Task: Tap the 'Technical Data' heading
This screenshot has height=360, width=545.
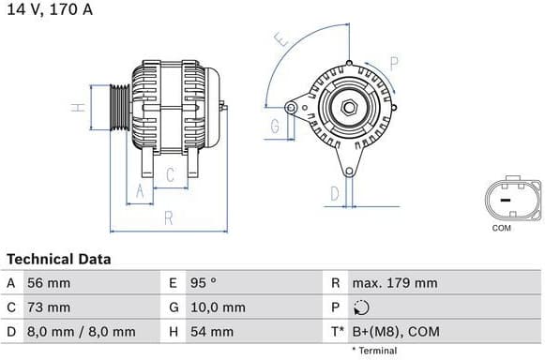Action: point(58,259)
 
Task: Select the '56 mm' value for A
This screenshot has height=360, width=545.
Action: point(50,283)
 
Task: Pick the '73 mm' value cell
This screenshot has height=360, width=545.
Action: point(50,307)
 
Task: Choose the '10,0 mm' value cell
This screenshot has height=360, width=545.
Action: point(219,307)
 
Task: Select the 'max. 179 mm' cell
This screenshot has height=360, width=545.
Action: point(394,283)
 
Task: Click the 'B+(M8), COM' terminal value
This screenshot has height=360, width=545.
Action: point(394,332)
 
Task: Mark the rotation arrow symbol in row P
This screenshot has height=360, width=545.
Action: point(362,307)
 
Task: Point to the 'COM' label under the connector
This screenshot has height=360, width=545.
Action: point(502,228)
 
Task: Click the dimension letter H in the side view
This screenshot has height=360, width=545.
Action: point(80,107)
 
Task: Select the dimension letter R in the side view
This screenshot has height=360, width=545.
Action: point(169,218)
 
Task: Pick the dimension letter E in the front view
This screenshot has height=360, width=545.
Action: point(279,39)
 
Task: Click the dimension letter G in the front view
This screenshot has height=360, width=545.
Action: point(277,126)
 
